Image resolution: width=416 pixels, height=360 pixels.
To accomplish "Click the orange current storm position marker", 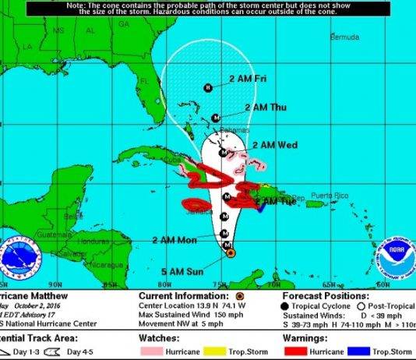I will click(229, 252).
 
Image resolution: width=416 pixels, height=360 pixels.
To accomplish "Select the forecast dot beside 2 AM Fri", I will click(208, 88).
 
